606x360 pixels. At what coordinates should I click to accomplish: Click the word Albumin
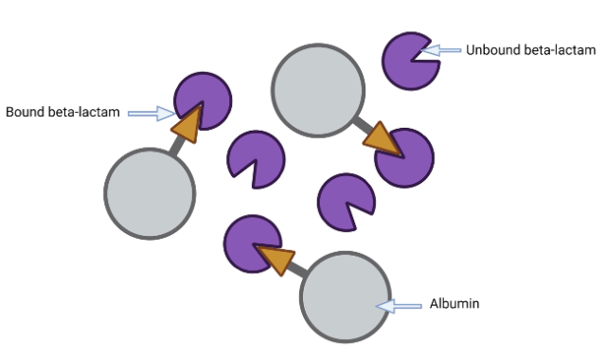[x=455, y=304]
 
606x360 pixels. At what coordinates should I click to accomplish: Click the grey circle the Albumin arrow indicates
[x=345, y=297]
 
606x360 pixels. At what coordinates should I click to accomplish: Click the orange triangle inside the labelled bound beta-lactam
[x=187, y=120]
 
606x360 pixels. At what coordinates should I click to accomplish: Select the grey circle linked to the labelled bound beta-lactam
[x=149, y=193]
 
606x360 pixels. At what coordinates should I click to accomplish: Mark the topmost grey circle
[x=317, y=88]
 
